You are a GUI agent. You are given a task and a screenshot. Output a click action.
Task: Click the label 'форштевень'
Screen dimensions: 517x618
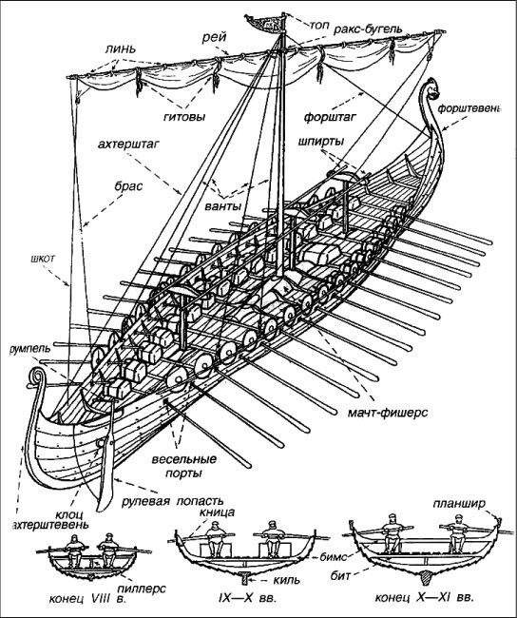point(469,108)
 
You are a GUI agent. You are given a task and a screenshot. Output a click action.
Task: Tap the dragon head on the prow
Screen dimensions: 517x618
point(431,90)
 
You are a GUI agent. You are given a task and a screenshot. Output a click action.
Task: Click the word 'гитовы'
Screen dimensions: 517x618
point(184,116)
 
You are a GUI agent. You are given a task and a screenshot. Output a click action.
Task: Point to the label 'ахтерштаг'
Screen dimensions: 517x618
point(128,145)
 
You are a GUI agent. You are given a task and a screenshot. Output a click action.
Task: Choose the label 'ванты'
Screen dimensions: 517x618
point(223,206)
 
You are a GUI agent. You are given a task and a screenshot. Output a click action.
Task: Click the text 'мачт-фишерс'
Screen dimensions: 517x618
point(388,413)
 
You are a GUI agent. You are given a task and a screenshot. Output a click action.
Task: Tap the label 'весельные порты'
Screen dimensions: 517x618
point(184,466)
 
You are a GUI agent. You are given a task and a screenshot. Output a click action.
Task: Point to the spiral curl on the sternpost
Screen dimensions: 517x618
point(35,376)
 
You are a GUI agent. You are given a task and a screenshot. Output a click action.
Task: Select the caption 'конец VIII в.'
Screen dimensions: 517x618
point(87,599)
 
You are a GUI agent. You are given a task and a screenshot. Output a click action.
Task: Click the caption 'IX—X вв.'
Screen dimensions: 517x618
point(248,598)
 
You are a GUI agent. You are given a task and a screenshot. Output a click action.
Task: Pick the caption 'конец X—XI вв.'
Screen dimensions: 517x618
point(425,597)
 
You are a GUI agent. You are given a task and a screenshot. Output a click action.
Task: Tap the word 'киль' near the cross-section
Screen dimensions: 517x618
point(287,580)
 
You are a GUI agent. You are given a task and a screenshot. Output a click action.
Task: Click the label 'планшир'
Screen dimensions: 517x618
point(459,504)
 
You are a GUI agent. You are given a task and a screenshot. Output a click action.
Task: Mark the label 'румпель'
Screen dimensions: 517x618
point(30,348)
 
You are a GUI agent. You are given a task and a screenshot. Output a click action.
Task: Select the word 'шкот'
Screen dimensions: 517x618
point(43,259)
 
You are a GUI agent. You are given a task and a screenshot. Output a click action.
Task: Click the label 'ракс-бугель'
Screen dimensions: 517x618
point(368,29)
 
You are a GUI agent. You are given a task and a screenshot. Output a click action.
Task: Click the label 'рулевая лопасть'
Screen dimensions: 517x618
point(173,501)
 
